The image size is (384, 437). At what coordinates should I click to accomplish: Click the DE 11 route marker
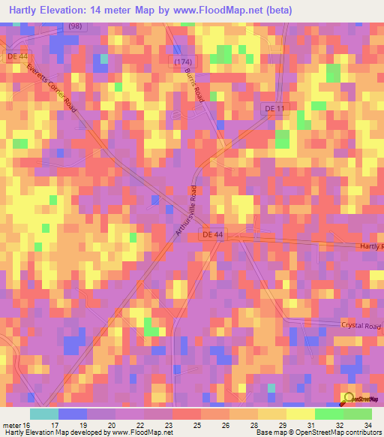pos(275,108)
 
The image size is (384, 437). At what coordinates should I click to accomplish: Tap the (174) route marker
pos(183,59)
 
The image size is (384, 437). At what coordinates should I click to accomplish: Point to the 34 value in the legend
pos(367,424)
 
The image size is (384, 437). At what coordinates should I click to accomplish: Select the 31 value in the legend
pos(311,424)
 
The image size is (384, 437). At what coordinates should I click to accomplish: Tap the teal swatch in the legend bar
pos(43,413)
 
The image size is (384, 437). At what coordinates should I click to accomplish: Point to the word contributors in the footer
pos(363,432)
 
